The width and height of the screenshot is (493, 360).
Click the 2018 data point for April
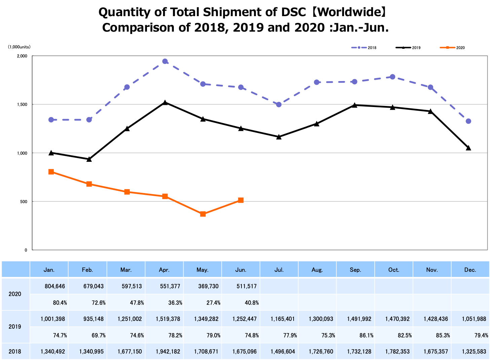[x=165, y=62]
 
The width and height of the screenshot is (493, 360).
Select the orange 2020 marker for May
[x=203, y=214]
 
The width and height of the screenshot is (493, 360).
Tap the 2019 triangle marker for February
[x=89, y=159]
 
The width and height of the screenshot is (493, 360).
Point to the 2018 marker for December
[x=468, y=121]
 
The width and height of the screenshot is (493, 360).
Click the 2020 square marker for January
[x=51, y=172]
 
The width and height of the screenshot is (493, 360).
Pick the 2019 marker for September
[x=354, y=105]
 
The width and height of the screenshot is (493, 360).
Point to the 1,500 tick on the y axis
[x=22, y=105]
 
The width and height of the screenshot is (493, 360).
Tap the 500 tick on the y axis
[x=24, y=202]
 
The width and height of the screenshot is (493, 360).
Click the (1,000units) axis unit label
[x=19, y=47]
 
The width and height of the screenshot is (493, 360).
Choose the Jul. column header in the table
[x=279, y=270]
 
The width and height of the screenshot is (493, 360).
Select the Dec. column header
[x=470, y=270]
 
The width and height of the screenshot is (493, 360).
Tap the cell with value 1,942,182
[x=168, y=352]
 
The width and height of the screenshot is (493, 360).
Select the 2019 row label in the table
[x=15, y=327]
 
